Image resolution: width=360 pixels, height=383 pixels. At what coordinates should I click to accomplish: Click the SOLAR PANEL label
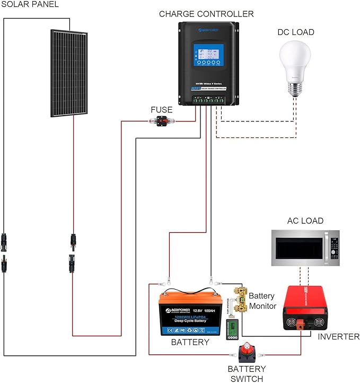pyautogui.click(x=30, y=5)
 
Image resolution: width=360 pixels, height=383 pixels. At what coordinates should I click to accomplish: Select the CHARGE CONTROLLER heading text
pyautogui.click(x=206, y=14)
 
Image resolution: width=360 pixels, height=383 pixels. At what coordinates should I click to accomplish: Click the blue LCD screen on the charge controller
pyautogui.click(x=206, y=55)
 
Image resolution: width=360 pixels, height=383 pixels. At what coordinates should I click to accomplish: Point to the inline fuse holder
pyautogui.click(x=160, y=121)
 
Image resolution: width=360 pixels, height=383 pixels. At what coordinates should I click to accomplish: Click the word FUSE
pyautogui.click(x=162, y=110)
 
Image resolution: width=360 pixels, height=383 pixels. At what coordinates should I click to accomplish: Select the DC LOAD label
pyautogui.click(x=296, y=32)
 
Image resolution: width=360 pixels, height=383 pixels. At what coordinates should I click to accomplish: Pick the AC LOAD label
pyautogui.click(x=305, y=221)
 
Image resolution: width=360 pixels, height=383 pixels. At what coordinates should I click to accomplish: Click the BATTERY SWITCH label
pyautogui.click(x=247, y=373)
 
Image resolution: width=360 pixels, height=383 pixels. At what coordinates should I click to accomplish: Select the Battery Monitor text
pyautogui.click(x=262, y=301)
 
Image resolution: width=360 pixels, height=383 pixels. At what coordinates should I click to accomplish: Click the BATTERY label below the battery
pyautogui.click(x=190, y=342)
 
